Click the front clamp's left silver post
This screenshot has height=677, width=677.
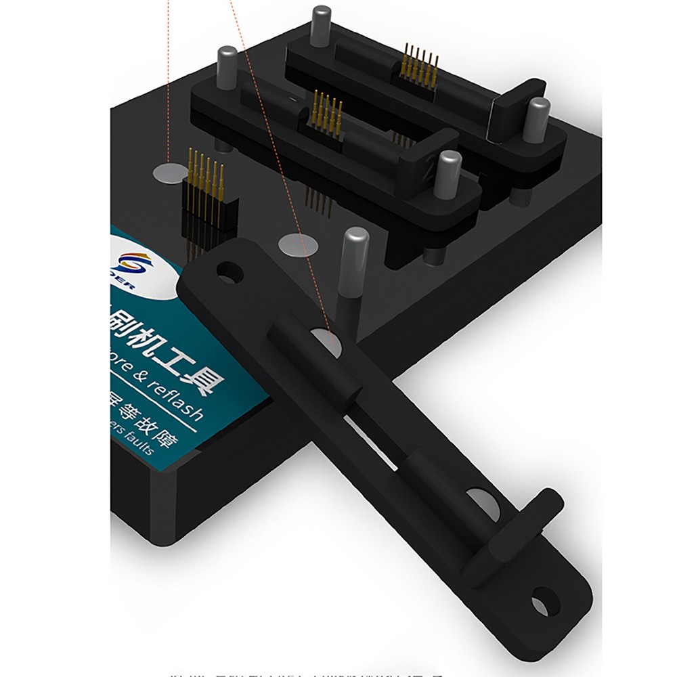pyautogui.click(x=227, y=64)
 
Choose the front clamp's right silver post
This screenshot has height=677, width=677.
pyautogui.click(x=447, y=173)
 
